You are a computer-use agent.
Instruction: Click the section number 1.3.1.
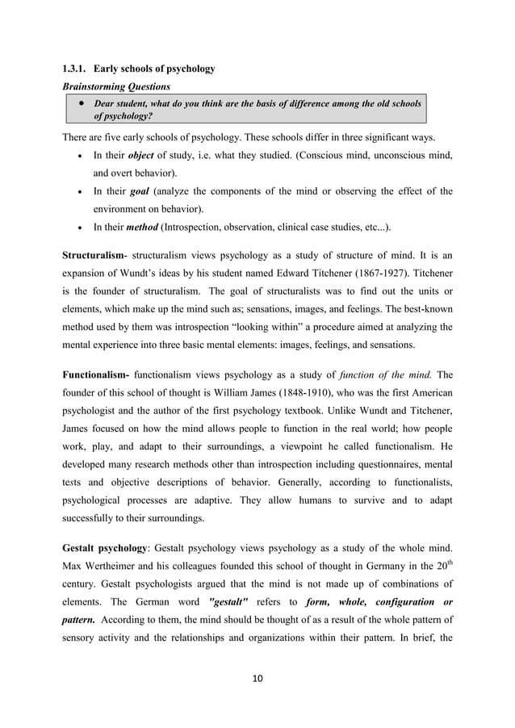[x=76, y=69]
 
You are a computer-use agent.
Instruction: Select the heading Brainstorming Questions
[x=111, y=86]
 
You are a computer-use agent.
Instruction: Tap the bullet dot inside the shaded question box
[x=82, y=104]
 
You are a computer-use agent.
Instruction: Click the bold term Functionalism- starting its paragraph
[x=96, y=374]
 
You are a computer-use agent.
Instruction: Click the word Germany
[x=371, y=563]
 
